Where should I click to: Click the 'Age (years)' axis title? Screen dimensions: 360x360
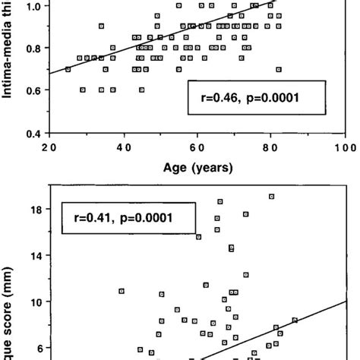click(197, 168)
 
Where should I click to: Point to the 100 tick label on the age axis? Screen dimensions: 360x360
click(345, 147)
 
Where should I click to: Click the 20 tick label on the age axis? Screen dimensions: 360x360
click(50, 147)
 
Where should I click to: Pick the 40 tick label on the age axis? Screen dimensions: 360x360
click(123, 147)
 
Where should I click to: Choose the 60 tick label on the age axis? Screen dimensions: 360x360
click(197, 147)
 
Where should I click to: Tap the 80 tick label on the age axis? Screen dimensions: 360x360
click(270, 147)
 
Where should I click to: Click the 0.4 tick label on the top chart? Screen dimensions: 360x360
click(33, 134)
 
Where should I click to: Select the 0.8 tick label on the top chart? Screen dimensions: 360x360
click(33, 48)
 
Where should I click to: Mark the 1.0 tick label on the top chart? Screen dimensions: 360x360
click(33, 6)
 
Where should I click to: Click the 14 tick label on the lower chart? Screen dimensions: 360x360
click(34, 256)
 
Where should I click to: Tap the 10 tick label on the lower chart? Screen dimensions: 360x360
click(34, 302)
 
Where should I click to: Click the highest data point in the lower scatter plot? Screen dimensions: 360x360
click(271, 196)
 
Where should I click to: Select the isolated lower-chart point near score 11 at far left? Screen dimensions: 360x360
click(121, 291)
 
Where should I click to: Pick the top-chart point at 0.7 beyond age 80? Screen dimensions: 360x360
click(279, 69)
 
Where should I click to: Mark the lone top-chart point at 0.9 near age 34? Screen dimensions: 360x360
click(101, 26)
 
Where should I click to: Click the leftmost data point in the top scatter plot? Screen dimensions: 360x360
click(68, 69)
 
